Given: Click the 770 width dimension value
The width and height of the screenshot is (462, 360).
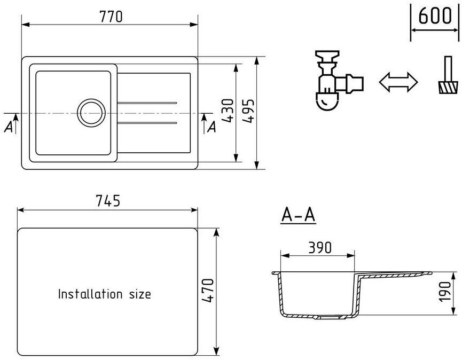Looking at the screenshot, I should (x=111, y=17).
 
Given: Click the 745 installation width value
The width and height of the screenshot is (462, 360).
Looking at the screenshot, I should (x=107, y=201).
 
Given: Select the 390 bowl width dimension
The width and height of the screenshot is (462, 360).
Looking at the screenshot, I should (x=319, y=247).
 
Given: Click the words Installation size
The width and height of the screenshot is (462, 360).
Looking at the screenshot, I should (x=104, y=294).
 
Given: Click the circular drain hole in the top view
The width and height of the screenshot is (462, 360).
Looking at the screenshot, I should (x=90, y=112).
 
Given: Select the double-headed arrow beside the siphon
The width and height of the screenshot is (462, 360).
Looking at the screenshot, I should (x=398, y=82).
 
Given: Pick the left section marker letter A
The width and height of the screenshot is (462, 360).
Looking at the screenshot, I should (x=7, y=126).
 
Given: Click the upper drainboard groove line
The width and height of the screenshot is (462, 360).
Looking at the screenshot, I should (x=147, y=101).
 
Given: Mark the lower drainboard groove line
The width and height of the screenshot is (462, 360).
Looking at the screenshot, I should (x=147, y=123).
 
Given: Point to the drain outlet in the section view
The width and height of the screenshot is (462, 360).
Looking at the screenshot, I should (x=326, y=317).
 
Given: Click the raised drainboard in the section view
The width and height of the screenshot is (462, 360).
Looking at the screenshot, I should (x=395, y=275).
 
